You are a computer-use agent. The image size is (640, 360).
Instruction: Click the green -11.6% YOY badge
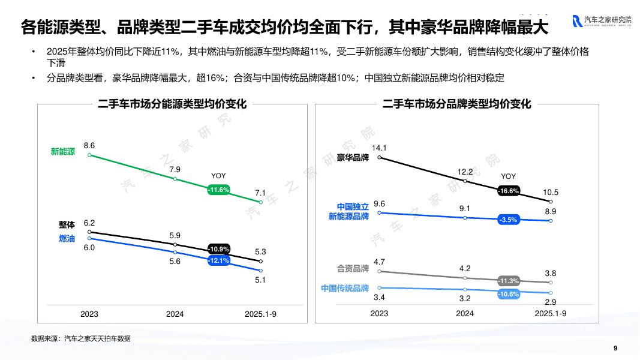[x=219, y=190]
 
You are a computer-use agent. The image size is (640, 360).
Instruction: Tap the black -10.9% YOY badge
[x=218, y=249]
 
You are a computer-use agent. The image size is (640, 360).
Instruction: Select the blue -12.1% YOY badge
[x=218, y=261]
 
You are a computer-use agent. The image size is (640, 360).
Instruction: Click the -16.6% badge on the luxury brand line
[x=508, y=191]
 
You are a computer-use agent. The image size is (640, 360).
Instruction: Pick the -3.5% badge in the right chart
[x=508, y=220]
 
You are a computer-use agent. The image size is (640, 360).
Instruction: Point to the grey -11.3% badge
[x=508, y=281]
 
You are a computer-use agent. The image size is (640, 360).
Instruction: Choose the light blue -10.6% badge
[x=508, y=294]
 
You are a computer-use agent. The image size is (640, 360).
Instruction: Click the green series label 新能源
[x=63, y=152]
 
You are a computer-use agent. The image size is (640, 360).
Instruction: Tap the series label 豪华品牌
[x=353, y=158]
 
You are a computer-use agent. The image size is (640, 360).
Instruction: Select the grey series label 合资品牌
[x=353, y=269]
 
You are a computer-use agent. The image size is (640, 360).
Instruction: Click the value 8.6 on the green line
[x=89, y=145]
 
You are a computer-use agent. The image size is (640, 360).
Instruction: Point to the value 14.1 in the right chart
[x=379, y=148]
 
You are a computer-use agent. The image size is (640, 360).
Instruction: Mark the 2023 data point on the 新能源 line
[x=89, y=155]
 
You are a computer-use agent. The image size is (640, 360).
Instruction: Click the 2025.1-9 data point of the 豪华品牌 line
[x=551, y=202]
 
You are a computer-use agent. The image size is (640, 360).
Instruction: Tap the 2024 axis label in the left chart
[x=175, y=314]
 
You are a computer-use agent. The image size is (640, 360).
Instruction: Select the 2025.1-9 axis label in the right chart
[x=551, y=313]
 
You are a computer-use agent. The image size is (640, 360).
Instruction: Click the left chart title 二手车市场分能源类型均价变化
[x=172, y=104]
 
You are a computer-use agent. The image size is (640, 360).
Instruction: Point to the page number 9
[x=615, y=348]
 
